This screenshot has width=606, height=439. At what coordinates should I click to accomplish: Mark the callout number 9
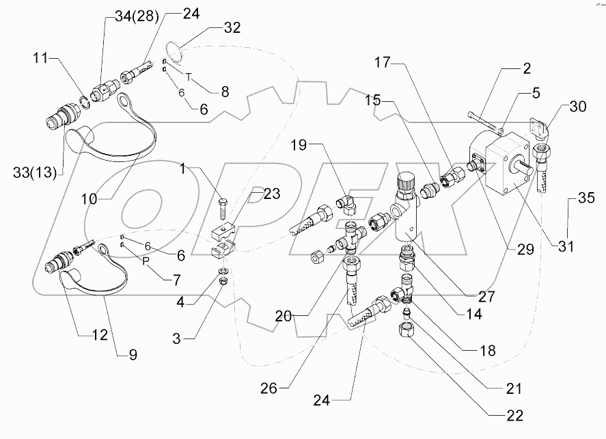pos(134,354)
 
